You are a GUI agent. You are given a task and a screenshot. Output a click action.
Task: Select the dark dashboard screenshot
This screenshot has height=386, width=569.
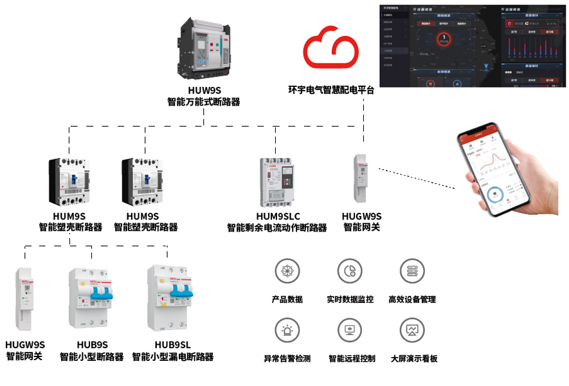(474, 45)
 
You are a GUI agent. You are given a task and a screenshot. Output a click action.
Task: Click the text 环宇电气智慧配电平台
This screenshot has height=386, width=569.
(330, 90)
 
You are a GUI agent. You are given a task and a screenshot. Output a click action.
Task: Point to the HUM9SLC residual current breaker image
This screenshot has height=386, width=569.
(277, 183)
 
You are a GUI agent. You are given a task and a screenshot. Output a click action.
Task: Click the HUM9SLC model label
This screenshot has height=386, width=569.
(277, 217)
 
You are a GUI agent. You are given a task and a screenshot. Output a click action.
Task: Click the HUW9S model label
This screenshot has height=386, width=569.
(204, 91)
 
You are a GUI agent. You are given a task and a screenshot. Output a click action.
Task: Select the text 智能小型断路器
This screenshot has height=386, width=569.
(91, 356)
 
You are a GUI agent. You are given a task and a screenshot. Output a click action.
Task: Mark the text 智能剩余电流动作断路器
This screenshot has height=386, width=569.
(277, 228)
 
